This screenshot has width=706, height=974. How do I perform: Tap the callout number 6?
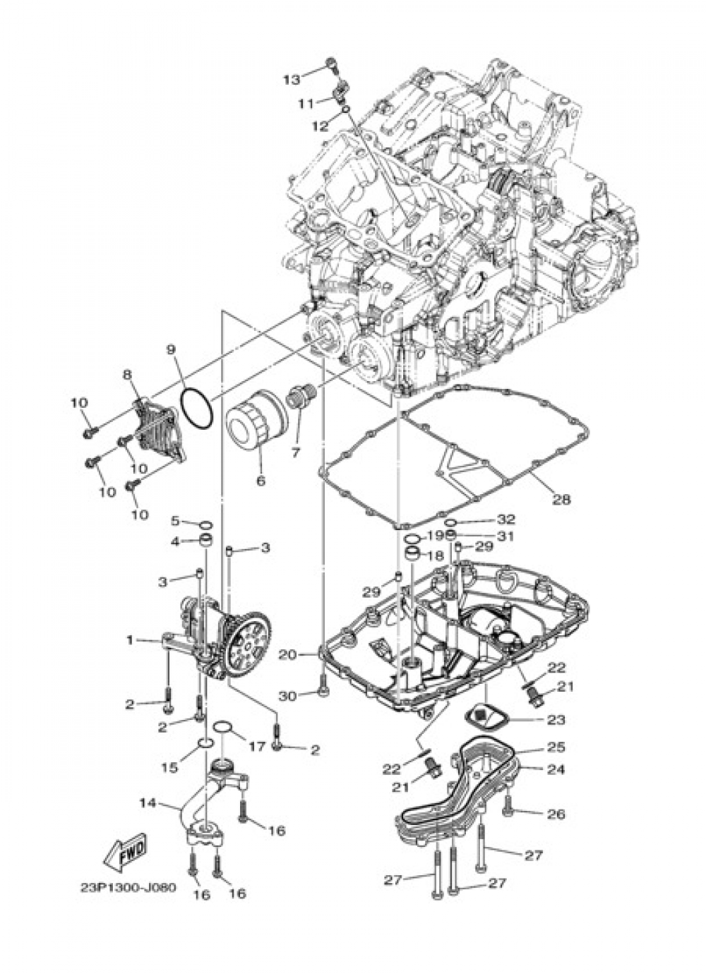click(x=261, y=481)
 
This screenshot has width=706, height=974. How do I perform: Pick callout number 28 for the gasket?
click(x=561, y=499)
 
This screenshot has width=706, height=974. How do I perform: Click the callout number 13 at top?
click(x=292, y=79)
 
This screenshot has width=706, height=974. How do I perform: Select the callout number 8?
click(x=128, y=375)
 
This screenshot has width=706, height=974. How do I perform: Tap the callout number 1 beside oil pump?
click(x=129, y=639)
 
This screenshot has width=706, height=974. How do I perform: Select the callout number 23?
click(x=556, y=720)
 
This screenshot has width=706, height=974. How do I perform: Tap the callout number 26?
click(x=556, y=814)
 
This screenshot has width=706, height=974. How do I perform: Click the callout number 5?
click(x=175, y=521)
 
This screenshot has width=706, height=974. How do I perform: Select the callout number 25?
click(x=556, y=747)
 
